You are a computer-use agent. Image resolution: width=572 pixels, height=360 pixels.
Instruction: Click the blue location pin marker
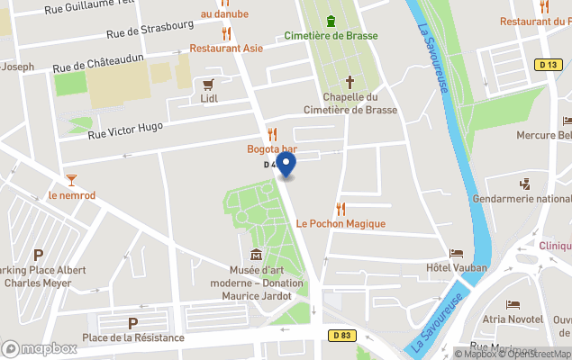click(x=286, y=165)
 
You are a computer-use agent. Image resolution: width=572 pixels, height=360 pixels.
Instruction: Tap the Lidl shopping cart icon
click(x=209, y=84)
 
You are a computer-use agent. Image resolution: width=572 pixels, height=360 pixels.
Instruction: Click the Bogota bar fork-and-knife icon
click(x=272, y=134)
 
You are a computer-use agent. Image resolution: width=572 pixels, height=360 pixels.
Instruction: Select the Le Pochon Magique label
click(x=340, y=223)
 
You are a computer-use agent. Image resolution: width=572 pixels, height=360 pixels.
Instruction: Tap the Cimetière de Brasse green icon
click(x=331, y=20)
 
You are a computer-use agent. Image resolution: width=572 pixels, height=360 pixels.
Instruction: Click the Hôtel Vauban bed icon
click(x=456, y=253)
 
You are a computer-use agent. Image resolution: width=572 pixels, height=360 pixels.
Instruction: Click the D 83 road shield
click(x=338, y=336)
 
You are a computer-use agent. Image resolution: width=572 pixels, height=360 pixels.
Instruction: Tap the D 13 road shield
click(x=547, y=64)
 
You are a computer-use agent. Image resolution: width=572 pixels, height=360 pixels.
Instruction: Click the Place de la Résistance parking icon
click(x=133, y=323)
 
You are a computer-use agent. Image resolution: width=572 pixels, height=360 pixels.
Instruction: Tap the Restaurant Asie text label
click(x=226, y=48)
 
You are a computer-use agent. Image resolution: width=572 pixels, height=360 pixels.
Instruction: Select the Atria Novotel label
click(x=511, y=319)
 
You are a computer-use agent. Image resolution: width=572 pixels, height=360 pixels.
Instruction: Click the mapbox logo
click(x=40, y=348)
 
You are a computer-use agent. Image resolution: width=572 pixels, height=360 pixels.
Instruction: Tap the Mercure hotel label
click(x=544, y=135)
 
